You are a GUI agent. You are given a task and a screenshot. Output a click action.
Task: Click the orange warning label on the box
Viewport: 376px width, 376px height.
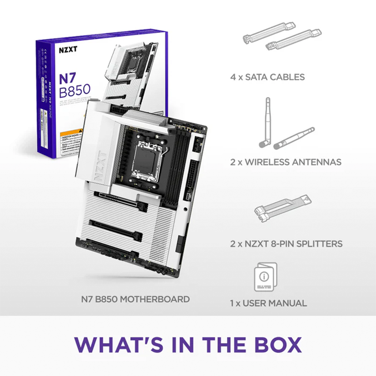(72, 138)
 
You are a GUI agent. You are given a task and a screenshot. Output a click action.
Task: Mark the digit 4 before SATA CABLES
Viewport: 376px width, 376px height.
(233, 77)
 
